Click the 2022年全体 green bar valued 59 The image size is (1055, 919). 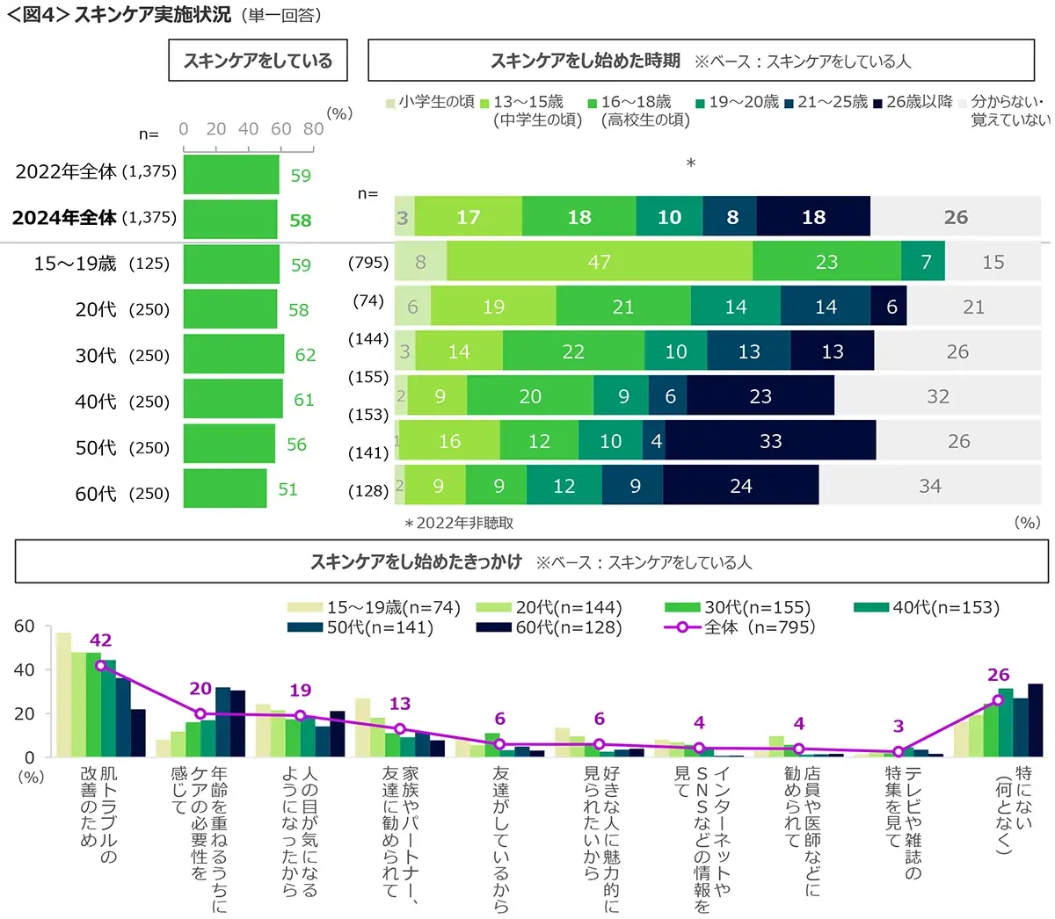tap(230, 174)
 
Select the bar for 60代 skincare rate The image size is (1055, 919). tap(225, 488)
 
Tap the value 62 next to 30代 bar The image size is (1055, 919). tap(305, 355)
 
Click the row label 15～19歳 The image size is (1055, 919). tap(75, 264)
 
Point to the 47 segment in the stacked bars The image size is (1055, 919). tap(599, 262)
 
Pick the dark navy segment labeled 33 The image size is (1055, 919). tap(770, 441)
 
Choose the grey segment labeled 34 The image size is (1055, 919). tap(929, 486)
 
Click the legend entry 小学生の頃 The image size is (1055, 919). tap(430, 102)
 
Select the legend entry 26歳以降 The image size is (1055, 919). tap(913, 102)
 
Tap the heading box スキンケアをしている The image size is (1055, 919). tap(258, 61)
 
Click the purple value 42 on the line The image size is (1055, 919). tap(100, 640)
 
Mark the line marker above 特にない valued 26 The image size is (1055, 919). tap(998, 700)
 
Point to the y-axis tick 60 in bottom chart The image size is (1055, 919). tap(25, 626)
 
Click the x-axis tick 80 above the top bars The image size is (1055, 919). tap(313, 129)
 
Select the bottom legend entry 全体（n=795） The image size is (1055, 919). tap(748, 627)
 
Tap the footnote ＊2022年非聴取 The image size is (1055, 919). tap(458, 523)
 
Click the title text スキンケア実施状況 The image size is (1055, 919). tap(153, 15)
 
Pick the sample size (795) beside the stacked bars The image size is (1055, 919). tap(368, 263)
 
